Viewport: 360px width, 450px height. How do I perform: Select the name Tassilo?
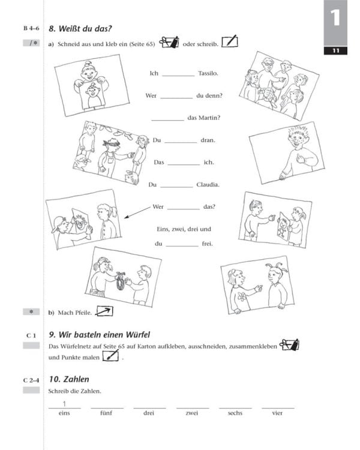coord(208,74)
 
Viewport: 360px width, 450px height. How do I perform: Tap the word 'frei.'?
coord(207,244)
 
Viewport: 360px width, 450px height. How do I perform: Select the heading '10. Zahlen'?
coord(68,379)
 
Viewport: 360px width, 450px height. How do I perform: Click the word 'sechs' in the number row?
coord(235,413)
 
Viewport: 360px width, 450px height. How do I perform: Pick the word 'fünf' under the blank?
coord(107,413)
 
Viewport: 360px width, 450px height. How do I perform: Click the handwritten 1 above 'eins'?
coord(64,404)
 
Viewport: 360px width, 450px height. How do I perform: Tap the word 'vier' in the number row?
coord(277,413)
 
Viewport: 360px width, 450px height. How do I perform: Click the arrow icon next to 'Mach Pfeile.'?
coord(104,311)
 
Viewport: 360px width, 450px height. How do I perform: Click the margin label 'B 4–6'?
coord(31,28)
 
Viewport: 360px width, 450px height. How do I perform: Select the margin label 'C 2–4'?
coord(31,380)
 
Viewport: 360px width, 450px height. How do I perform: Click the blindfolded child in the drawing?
coord(109,157)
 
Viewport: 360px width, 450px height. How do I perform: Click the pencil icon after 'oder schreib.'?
coord(229,42)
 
